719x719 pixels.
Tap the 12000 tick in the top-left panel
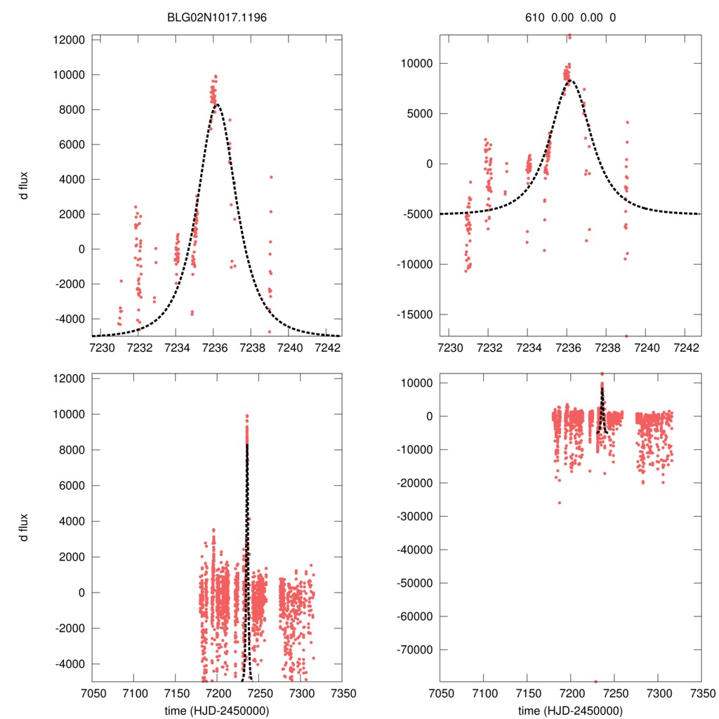pyautogui.click(x=70, y=40)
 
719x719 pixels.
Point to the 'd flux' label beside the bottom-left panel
pyautogui.click(x=24, y=528)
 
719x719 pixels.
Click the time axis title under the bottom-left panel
pyautogui.click(x=216, y=710)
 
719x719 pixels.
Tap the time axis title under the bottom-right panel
pyautogui.click(x=571, y=710)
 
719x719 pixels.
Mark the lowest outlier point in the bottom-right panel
pyautogui.click(x=595, y=681)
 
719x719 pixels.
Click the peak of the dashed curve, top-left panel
pyautogui.click(x=217, y=105)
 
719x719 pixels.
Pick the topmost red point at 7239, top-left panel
pyautogui.click(x=271, y=177)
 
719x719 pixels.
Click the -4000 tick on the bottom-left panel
pyautogui.click(x=70, y=664)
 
